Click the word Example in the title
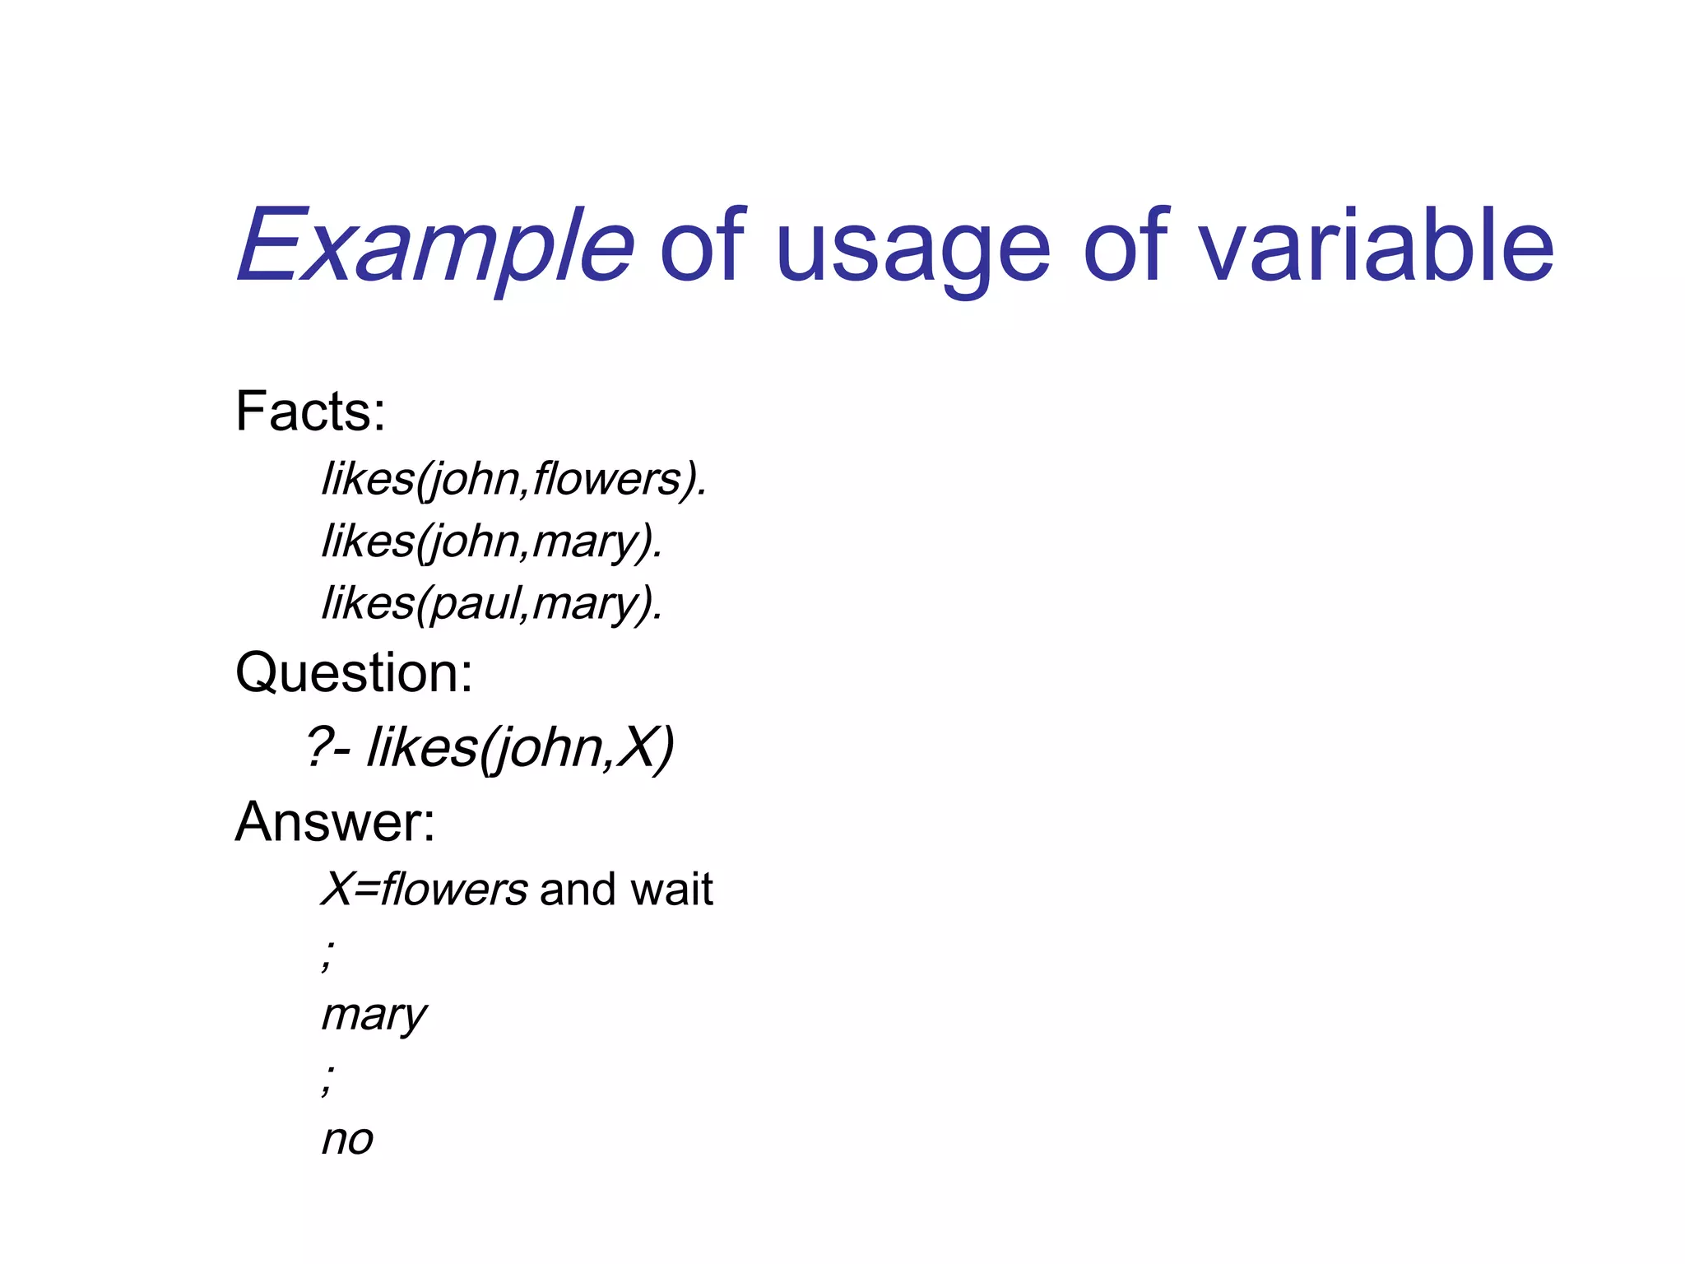coord(435,246)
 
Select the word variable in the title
coord(1375,246)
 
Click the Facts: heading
coord(310,411)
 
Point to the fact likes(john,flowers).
coord(513,479)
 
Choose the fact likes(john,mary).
coord(491,541)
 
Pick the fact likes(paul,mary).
coord(491,603)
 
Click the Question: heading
coord(354,672)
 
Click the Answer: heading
coord(335,821)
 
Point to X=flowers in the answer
coord(424,890)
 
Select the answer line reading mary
coord(374,1015)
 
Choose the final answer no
coord(347,1140)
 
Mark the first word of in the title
coord(702,246)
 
